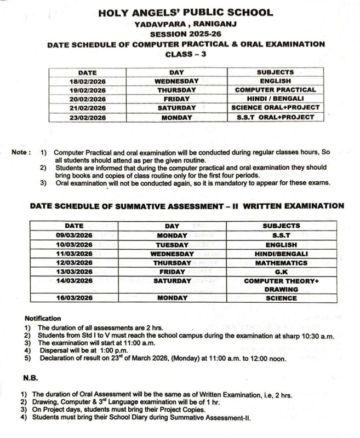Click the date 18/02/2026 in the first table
88,81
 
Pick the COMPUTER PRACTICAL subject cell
275,90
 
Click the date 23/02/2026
88,117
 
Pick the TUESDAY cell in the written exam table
172,245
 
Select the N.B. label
31,378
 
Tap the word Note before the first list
20,153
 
